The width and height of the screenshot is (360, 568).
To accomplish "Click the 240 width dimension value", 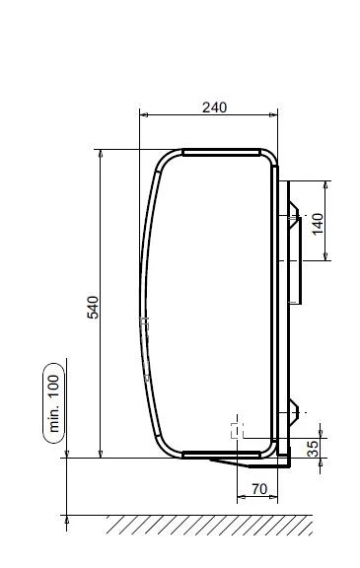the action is tap(214, 107).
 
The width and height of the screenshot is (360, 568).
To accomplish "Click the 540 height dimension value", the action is tap(93, 308).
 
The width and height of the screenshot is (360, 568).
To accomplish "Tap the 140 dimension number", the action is tap(318, 224).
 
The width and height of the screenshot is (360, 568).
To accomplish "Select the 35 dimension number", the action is tap(314, 448).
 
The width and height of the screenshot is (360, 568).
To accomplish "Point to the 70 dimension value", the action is tap(259, 489).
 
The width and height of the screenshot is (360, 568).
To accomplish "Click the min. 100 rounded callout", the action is tap(54, 403).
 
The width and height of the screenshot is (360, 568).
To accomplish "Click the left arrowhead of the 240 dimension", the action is tap(144, 114).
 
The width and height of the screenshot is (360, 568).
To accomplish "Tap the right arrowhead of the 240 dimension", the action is tap(273, 114).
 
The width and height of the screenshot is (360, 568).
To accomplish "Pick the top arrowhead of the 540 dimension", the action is tap(101, 154).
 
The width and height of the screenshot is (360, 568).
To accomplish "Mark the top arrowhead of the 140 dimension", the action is tap(325, 184).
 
